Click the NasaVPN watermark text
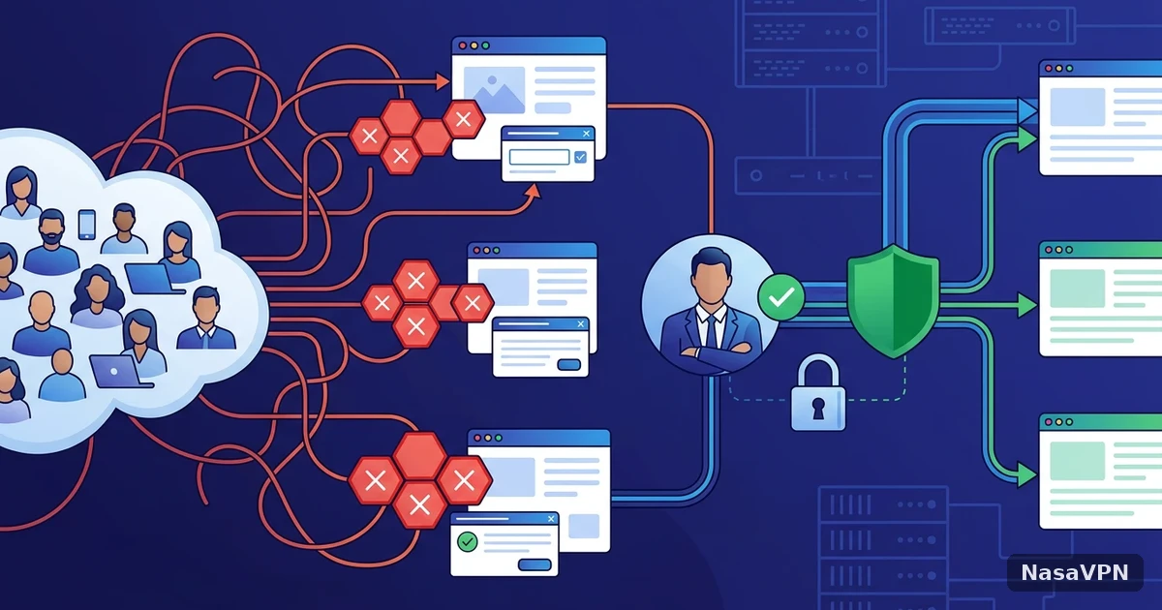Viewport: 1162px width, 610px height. click(x=1074, y=572)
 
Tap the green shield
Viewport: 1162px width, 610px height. click(x=893, y=301)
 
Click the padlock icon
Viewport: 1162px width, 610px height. click(x=818, y=393)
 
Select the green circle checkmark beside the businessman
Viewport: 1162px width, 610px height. click(x=781, y=297)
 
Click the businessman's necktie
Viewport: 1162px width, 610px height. click(x=712, y=331)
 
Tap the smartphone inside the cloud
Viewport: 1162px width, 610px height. click(x=86, y=225)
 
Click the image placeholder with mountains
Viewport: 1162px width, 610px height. click(x=494, y=90)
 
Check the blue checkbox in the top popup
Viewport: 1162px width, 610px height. click(x=580, y=157)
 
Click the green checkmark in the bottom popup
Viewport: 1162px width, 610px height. click(x=468, y=542)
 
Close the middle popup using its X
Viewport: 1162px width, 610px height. click(x=580, y=324)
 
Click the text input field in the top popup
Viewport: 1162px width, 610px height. click(x=539, y=157)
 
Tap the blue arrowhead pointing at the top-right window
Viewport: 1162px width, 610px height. click(x=1027, y=111)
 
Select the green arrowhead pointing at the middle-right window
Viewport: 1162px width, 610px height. click(x=1027, y=305)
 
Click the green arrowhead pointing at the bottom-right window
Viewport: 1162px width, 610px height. click(x=1026, y=475)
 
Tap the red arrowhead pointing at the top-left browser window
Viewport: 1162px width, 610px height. click(x=442, y=81)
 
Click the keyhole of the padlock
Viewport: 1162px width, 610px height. click(x=818, y=409)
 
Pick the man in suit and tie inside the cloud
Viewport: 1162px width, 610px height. click(x=206, y=318)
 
